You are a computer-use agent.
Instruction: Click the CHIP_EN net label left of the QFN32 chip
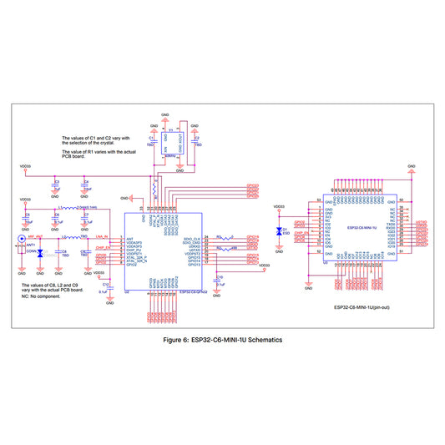[104, 248]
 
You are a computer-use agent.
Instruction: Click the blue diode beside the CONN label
[41, 251]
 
